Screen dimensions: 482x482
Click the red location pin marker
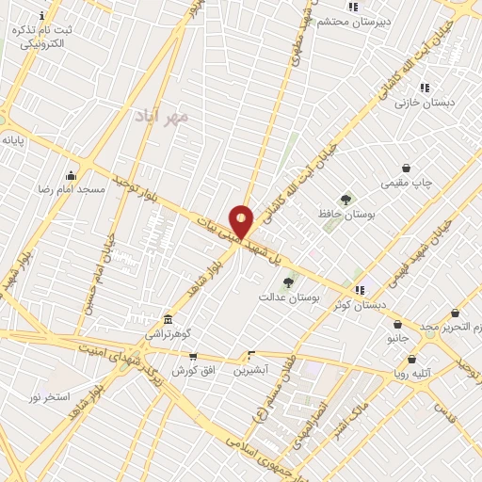pyautogui.click(x=242, y=221)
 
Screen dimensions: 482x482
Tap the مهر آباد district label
pyautogui.click(x=169, y=118)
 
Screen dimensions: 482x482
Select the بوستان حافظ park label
pyautogui.click(x=346, y=215)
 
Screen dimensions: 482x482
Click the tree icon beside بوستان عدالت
pyautogui.click(x=288, y=281)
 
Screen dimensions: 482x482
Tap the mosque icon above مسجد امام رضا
pyautogui.click(x=71, y=175)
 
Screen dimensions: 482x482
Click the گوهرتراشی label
pyautogui.click(x=168, y=334)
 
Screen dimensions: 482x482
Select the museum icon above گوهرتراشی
pyautogui.click(x=168, y=320)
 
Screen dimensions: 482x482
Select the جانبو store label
pyautogui.click(x=397, y=338)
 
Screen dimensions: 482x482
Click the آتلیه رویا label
pyautogui.click(x=412, y=373)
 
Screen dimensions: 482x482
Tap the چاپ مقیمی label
pyautogui.click(x=406, y=183)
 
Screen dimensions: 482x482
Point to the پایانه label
pyautogui.click(x=12, y=139)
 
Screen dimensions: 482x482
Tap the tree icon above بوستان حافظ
pyautogui.click(x=346, y=200)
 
